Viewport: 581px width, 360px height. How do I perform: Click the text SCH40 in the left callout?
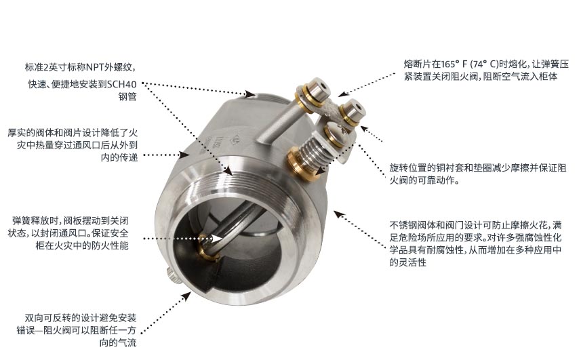point(122,84)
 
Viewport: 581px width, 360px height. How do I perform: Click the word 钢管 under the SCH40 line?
point(127,97)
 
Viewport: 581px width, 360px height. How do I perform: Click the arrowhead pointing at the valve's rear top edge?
point(250,94)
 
